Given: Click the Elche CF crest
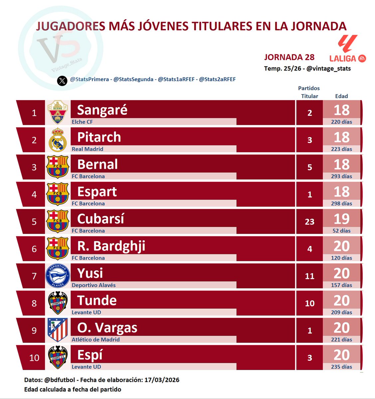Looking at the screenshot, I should point(58,112).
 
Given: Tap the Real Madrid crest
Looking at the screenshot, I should point(58,140).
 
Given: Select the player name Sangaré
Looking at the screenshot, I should point(102,110).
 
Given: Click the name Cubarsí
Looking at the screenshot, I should point(100,219).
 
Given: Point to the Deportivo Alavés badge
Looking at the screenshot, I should point(58,276).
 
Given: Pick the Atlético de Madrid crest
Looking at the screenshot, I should point(58,330).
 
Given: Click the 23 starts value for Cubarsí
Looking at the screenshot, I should point(309,222).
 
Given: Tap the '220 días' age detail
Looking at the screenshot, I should point(341,122).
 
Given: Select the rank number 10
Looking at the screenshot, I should point(34,358).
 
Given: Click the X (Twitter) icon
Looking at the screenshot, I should point(62,80).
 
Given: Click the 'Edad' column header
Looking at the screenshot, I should point(341,96).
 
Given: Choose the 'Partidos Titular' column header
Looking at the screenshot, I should point(309,92).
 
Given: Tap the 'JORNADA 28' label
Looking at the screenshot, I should point(289,57).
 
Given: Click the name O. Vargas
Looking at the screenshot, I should point(107,328).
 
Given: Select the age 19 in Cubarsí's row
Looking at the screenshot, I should point(341,219).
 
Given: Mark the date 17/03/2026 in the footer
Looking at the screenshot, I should point(162,380).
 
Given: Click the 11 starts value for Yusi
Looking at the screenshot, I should point(309,276).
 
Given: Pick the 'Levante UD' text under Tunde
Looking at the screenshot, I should point(87,313).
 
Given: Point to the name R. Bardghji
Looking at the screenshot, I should point(111,246).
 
